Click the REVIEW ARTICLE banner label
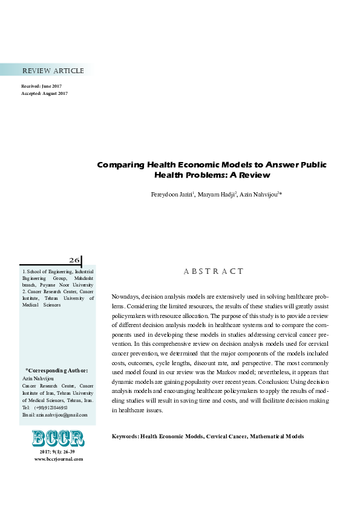coord(53,71)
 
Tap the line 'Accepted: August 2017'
coord(44,94)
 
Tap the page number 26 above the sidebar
coord(74,261)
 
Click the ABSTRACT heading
coord(214,271)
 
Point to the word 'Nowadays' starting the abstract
coord(125,297)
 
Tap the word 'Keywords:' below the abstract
coord(125,436)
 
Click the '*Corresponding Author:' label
coord(57,370)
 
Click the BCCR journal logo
coord(57,438)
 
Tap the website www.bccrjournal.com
coord(58,459)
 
